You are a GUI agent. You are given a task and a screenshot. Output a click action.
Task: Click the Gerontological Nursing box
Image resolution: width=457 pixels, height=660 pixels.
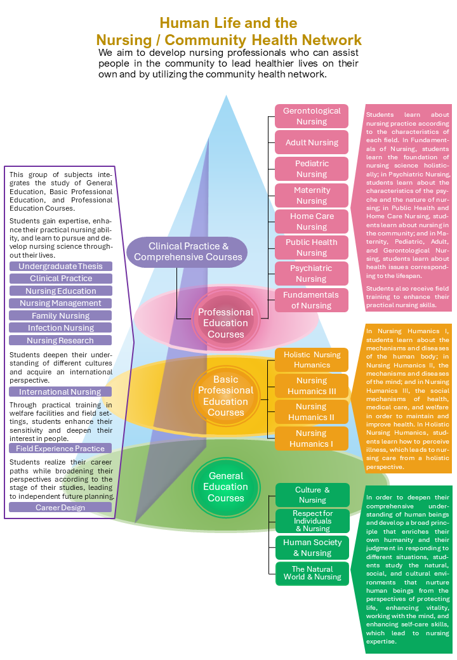[x=312, y=116]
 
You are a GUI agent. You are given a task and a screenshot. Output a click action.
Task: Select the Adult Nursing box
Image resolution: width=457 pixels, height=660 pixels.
[x=312, y=142]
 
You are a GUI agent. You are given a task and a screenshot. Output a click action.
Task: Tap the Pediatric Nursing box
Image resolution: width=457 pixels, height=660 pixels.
[x=312, y=169]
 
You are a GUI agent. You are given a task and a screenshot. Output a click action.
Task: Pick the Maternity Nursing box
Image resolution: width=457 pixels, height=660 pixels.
[x=312, y=195]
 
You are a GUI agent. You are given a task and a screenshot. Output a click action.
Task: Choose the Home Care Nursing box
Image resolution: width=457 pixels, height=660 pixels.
[x=312, y=221]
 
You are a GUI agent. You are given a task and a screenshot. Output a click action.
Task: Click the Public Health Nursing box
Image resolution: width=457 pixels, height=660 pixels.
[x=312, y=247]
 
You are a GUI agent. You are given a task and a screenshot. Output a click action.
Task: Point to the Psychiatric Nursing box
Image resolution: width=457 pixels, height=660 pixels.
[x=312, y=274]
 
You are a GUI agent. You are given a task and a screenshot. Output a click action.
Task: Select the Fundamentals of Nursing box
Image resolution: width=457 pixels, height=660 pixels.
[x=312, y=300]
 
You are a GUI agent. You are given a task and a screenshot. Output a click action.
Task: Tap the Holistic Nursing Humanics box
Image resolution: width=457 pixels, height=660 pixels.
[x=312, y=360]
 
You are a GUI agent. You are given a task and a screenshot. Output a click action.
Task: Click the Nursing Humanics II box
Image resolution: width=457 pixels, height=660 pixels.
[x=312, y=412]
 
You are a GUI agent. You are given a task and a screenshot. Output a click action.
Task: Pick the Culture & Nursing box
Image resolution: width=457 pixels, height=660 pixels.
[x=312, y=495]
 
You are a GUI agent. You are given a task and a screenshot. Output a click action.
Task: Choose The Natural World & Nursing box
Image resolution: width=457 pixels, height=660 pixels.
[x=312, y=573]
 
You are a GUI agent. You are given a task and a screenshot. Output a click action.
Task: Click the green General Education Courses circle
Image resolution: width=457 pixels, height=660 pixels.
[x=226, y=487]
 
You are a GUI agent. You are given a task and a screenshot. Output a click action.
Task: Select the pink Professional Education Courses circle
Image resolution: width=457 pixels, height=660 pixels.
[x=225, y=323]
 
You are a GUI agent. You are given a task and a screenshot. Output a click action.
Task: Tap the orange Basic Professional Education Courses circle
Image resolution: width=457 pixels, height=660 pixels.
[x=225, y=396]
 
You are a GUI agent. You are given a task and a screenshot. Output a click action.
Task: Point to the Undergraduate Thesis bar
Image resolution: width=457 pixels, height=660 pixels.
[x=61, y=267]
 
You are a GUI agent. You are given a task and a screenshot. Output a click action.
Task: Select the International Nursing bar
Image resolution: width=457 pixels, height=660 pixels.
[x=61, y=392]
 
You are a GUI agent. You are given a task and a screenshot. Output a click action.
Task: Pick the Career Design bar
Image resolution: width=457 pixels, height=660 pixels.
[x=61, y=508]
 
